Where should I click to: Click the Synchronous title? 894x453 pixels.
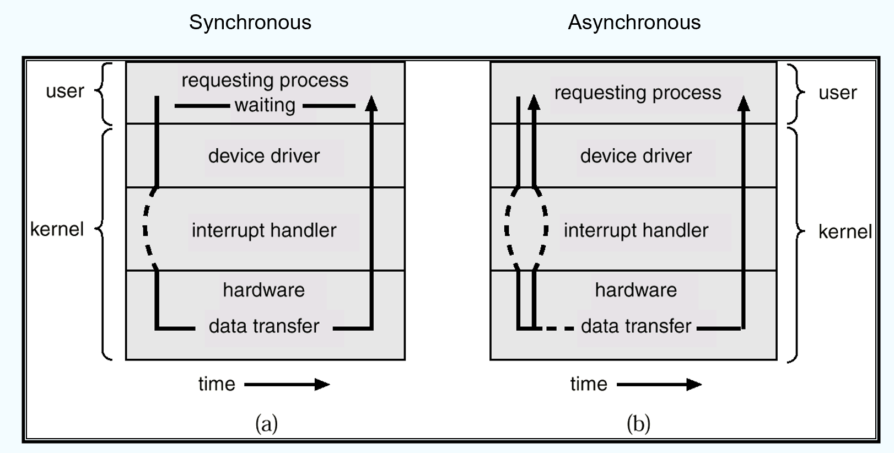[x=250, y=23]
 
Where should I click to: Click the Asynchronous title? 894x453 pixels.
[x=634, y=23]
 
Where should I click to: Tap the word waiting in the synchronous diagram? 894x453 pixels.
[x=265, y=105]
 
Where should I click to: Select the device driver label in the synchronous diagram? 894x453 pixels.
[x=263, y=156]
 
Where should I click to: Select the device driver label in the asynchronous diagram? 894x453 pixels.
[x=636, y=156]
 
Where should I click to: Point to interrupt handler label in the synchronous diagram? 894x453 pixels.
[x=263, y=230]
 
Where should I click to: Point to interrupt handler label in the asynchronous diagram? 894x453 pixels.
[x=636, y=230]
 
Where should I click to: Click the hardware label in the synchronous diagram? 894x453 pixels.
[x=263, y=290]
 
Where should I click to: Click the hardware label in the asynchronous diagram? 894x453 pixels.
[x=636, y=290]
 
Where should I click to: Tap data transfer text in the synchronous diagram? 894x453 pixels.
[x=263, y=326]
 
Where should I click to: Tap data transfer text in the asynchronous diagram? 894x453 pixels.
[x=636, y=326]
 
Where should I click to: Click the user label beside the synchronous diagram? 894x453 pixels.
[x=65, y=91]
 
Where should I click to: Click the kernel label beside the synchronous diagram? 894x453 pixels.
[x=57, y=229]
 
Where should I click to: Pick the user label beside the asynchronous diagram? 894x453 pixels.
[x=837, y=93]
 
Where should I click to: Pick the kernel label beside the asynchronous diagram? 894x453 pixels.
[x=845, y=231]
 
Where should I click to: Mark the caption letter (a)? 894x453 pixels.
[x=266, y=424]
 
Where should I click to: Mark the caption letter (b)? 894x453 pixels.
[x=638, y=424]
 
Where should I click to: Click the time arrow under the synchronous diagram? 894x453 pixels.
[x=287, y=384]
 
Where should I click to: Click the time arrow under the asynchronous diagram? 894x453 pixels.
[x=659, y=384]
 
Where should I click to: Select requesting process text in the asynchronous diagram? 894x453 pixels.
[x=638, y=93]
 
